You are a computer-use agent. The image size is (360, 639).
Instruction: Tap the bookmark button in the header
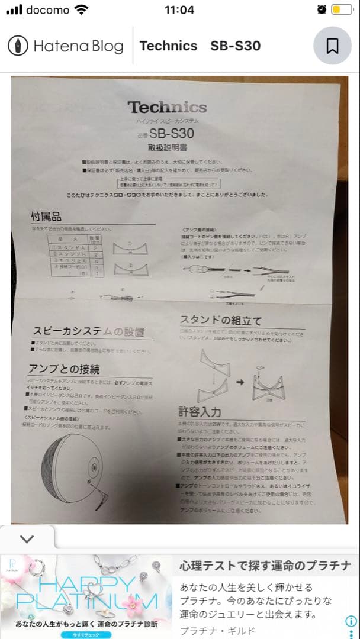(x=332, y=46)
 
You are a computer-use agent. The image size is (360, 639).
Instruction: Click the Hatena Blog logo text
(x=78, y=46)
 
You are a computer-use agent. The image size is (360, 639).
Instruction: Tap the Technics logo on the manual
(x=168, y=108)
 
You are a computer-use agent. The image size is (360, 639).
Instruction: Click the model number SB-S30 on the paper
(x=171, y=134)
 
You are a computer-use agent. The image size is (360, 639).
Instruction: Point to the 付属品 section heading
(x=46, y=217)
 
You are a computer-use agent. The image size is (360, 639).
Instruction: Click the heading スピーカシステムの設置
(x=88, y=332)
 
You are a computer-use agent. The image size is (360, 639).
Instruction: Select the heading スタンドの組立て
(x=220, y=321)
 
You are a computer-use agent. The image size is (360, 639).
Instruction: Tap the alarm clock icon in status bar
(x=322, y=9)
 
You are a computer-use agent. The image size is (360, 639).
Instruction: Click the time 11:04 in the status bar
(x=180, y=9)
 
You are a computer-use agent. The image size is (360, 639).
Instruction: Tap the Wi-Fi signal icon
(x=82, y=9)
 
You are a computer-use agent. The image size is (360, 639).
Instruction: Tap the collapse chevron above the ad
(x=27, y=538)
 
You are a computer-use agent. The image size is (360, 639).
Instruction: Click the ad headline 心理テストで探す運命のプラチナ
(x=266, y=565)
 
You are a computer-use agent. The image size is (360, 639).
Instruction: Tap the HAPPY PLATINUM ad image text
(x=87, y=592)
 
